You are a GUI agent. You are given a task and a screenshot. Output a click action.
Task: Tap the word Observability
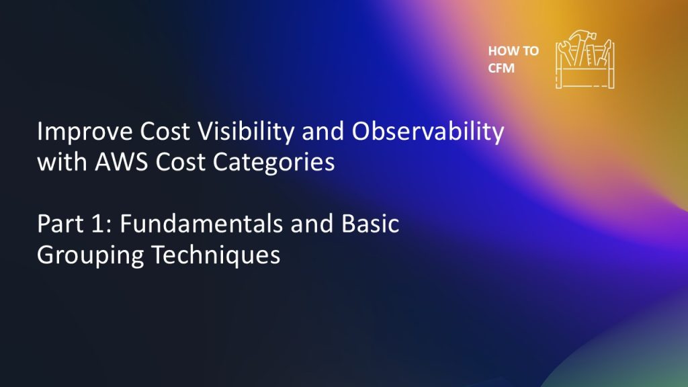428,132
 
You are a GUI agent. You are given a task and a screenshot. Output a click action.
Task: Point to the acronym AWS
122,161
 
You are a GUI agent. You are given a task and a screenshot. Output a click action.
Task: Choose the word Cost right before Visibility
165,132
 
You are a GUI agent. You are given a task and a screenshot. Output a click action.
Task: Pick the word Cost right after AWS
180,161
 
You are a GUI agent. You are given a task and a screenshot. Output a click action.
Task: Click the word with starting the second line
62,161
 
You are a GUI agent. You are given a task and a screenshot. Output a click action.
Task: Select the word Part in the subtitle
60,224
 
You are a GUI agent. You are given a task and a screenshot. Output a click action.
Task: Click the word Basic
370,224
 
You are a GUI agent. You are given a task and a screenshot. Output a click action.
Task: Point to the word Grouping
91,255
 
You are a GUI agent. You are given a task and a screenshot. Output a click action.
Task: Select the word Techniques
216,255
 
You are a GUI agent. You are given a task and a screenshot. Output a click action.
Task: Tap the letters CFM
501,68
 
